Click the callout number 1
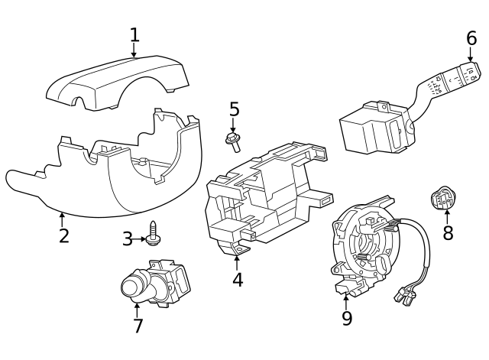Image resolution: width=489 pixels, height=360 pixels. pyautogui.click(x=134, y=34)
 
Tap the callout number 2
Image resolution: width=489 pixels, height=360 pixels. pyautogui.click(x=64, y=235)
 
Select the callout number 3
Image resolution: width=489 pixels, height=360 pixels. pyautogui.click(x=128, y=239)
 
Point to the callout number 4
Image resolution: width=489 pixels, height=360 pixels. pyautogui.click(x=238, y=280)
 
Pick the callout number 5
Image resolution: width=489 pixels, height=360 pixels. pyautogui.click(x=234, y=110)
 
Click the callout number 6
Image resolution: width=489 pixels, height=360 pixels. pyautogui.click(x=471, y=38)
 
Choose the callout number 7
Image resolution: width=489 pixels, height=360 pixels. pyautogui.click(x=138, y=326)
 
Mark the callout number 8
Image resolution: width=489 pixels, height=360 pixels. pyautogui.click(x=448, y=233)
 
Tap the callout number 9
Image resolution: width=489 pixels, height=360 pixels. pyautogui.click(x=347, y=317)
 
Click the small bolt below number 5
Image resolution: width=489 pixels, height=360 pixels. pyautogui.click(x=232, y=138)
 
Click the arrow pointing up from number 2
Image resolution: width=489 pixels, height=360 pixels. pyautogui.click(x=63, y=219)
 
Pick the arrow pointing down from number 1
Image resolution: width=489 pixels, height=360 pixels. pyautogui.click(x=134, y=51)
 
